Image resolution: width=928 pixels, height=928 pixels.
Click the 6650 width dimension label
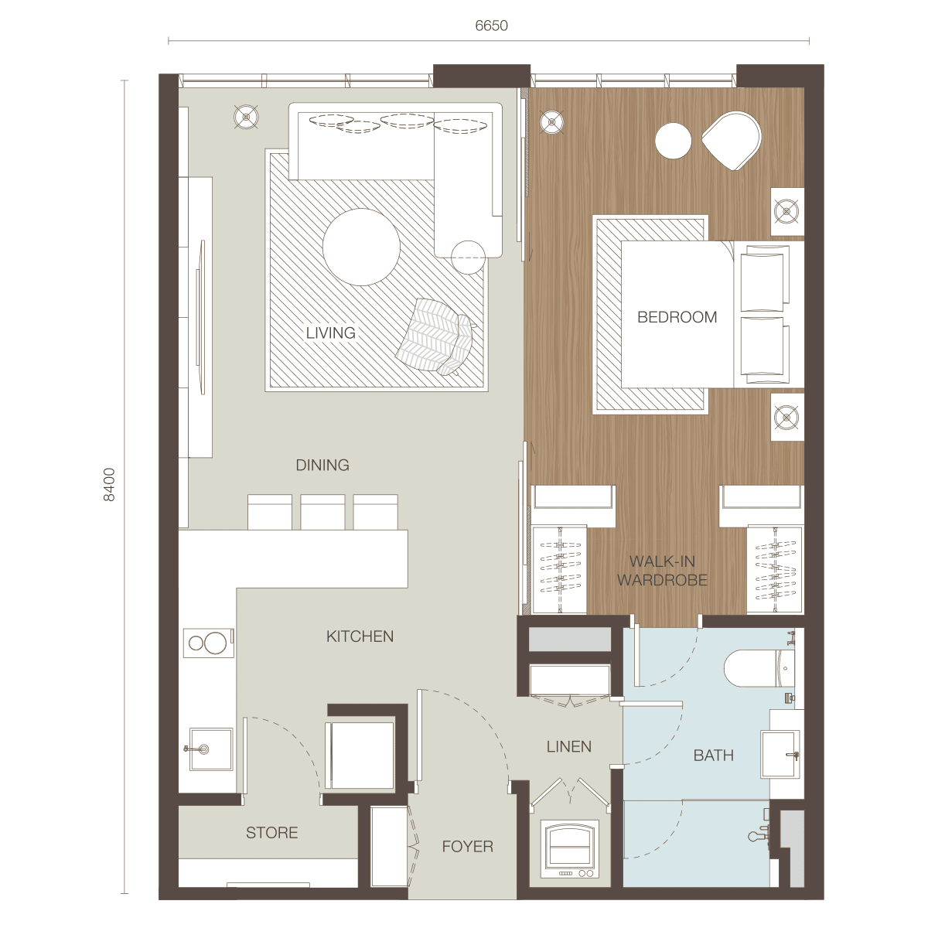[491, 25]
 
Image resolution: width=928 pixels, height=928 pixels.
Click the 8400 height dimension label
[109, 484]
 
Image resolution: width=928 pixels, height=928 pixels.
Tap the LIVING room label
[331, 333]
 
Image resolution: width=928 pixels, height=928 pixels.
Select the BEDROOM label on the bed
[677, 317]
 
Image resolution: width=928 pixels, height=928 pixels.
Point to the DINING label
[322, 465]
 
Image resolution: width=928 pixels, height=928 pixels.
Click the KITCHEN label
[360, 636]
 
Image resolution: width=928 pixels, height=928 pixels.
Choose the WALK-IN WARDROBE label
[663, 571]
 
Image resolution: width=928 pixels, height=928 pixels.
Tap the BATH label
[714, 755]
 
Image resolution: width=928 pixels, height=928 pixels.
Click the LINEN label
[568, 746]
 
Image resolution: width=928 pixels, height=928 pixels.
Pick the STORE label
[272, 833]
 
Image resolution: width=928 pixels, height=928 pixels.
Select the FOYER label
[468, 846]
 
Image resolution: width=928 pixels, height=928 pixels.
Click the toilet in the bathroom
[759, 668]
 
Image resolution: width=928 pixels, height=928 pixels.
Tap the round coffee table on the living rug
[361, 247]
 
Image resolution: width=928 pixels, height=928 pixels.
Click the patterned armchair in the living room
[435, 336]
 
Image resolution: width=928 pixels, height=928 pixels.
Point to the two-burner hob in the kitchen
[209, 643]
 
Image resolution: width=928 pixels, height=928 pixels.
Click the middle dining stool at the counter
[322, 512]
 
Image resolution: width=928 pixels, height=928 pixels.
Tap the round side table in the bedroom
[674, 141]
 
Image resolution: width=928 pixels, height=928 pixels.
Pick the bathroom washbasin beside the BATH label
[780, 755]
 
